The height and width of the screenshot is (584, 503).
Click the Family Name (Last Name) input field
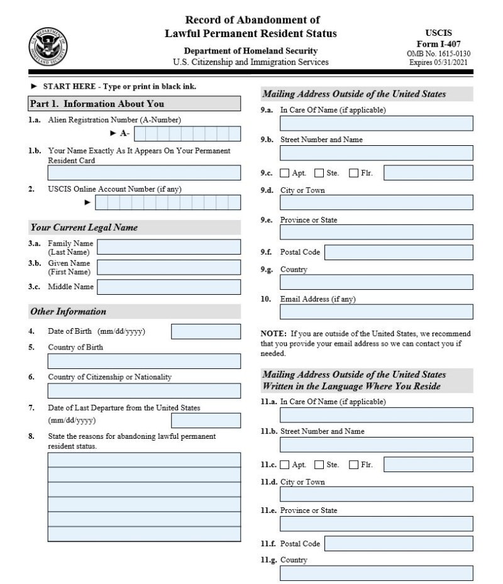169,247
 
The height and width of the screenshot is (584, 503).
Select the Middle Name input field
169,287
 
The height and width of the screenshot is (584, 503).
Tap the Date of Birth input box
206,332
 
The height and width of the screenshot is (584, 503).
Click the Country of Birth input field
144,361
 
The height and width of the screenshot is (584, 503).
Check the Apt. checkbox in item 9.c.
285,173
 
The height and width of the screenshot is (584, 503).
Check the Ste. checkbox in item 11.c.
319,465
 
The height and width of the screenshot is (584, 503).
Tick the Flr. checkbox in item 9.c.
353,173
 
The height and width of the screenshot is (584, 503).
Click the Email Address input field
376,312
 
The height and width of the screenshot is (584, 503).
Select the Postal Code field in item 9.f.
399,253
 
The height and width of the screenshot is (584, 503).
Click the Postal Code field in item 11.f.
399,544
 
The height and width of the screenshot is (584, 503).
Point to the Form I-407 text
438,44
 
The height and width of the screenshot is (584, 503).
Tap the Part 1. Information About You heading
97,104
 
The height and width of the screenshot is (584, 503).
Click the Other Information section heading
69,312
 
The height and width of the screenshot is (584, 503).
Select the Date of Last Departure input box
206,421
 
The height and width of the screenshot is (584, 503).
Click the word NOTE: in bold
274,333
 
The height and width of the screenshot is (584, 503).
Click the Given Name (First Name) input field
169,267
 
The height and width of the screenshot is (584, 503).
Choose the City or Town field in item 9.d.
376,202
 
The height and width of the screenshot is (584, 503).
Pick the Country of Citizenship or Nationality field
144,391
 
